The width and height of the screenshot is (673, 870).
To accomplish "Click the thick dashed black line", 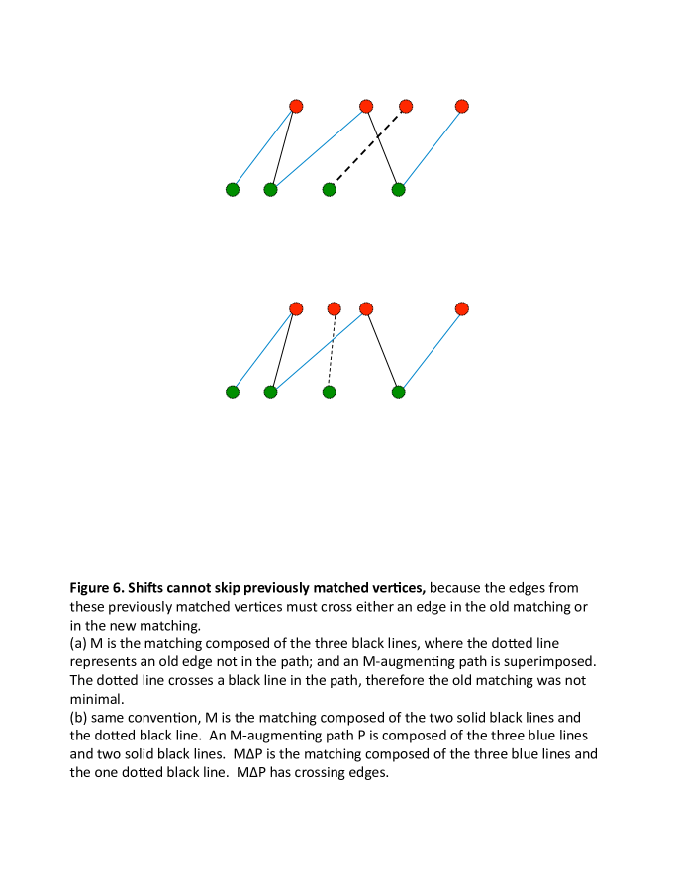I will pyautogui.click(x=366, y=148).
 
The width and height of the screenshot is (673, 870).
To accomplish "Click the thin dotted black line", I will pyautogui.click(x=332, y=351).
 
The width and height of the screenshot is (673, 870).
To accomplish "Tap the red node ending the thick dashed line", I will pyautogui.click(x=406, y=106).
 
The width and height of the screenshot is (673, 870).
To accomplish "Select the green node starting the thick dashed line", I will pyautogui.click(x=330, y=189).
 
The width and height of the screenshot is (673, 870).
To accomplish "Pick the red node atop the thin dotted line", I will pyautogui.click(x=334, y=308).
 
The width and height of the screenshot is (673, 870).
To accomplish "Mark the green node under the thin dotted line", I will pyautogui.click(x=330, y=391).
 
